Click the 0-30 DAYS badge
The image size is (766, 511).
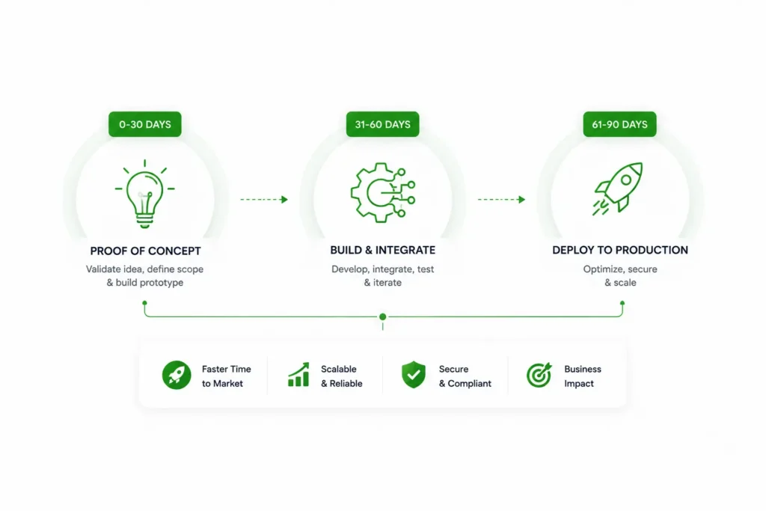pos(144,124)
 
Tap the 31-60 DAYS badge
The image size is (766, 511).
pos(382,124)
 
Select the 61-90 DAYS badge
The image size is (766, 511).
pos(619,124)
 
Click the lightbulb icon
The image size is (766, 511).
pos(144,194)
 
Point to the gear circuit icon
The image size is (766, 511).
pos(383,192)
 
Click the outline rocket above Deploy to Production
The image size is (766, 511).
pos(618,189)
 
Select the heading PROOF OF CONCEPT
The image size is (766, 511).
pos(146,251)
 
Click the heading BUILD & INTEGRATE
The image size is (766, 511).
pos(382,250)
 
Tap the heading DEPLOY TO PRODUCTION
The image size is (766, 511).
pos(620,250)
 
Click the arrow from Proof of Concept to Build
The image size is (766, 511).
pos(264,199)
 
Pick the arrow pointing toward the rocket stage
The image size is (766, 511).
pos(501,199)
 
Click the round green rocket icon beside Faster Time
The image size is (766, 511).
pos(177,375)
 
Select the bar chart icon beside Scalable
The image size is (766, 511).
pos(298,375)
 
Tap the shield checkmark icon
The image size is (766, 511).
pos(414,375)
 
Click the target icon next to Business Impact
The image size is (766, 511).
pos(539,375)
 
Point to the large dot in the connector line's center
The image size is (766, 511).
pos(383,317)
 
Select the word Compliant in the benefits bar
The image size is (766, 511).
pos(470,384)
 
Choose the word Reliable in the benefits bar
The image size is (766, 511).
pos(346,384)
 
